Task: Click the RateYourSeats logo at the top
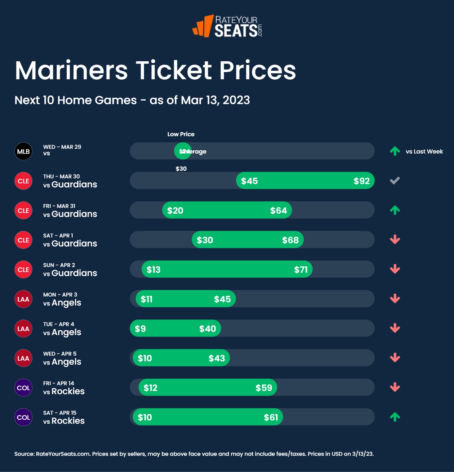click(x=227, y=26)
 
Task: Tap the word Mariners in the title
click(x=71, y=70)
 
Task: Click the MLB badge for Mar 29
click(x=23, y=151)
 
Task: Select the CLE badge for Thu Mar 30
click(x=23, y=181)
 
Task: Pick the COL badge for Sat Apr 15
click(x=23, y=417)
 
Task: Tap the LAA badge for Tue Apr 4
click(x=23, y=329)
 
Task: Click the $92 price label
click(x=361, y=181)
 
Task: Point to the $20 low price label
click(x=175, y=210)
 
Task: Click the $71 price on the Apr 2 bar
click(x=301, y=270)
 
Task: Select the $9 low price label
click(x=140, y=329)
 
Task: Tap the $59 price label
click(x=264, y=388)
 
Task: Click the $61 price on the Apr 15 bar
click(x=271, y=417)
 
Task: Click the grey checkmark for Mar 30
click(x=395, y=181)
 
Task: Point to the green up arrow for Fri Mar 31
click(x=395, y=210)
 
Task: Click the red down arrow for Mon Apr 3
click(x=395, y=299)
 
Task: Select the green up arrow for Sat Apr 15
click(x=395, y=417)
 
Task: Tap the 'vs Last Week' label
click(x=424, y=151)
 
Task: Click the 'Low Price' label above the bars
click(x=181, y=134)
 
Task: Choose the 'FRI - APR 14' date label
click(x=58, y=383)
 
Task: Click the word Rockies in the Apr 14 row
click(x=68, y=391)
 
